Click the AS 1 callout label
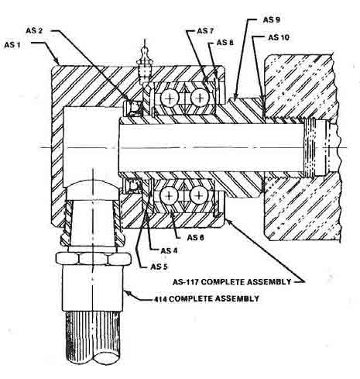click(12, 45)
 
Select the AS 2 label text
click(34, 30)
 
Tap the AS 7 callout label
click(205, 31)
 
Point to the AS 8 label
click(225, 42)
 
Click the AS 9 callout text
click(272, 19)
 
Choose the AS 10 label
click(279, 37)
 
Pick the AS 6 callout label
click(196, 237)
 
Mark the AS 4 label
click(169, 250)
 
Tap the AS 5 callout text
click(159, 267)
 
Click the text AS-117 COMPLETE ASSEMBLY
click(232, 281)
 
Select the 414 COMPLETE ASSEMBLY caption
click(207, 298)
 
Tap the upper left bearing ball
click(170, 98)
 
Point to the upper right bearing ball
click(200, 98)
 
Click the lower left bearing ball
click(169, 195)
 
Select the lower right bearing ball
click(199, 195)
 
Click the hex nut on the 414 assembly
click(93, 259)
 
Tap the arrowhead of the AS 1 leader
click(58, 63)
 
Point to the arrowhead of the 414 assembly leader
click(126, 292)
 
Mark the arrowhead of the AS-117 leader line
click(228, 221)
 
